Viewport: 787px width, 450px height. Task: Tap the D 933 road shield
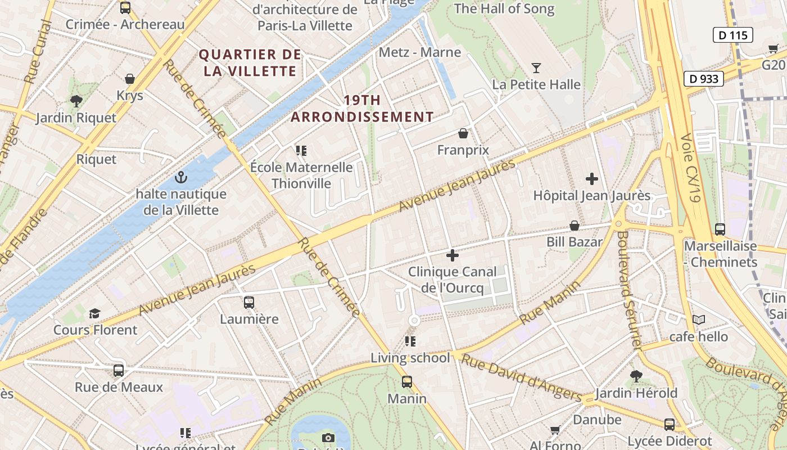point(703,79)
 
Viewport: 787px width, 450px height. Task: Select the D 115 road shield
point(733,35)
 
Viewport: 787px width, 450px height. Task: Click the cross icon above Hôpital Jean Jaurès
point(591,179)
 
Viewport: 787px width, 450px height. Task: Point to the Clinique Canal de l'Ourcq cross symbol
point(452,255)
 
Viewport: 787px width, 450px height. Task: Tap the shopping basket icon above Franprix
point(463,133)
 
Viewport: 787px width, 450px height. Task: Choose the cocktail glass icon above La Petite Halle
point(536,68)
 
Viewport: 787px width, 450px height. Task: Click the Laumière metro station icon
point(249,303)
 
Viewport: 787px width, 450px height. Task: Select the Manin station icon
point(407,382)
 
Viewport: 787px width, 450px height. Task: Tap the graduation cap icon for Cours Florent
point(94,313)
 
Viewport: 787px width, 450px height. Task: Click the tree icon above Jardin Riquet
point(76,101)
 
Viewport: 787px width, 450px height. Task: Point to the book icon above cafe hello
point(698,320)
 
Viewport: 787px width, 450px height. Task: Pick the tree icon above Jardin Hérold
point(636,376)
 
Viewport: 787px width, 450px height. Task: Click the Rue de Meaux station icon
point(118,371)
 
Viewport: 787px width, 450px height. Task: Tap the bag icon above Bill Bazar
point(575,226)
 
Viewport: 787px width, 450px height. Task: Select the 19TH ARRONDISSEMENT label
point(363,109)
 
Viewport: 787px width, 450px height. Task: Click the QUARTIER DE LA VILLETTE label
point(250,62)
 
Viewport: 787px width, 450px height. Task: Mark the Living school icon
point(410,341)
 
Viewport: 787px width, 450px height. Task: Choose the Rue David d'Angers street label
point(522,378)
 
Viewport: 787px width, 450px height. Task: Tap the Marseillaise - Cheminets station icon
point(720,229)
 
